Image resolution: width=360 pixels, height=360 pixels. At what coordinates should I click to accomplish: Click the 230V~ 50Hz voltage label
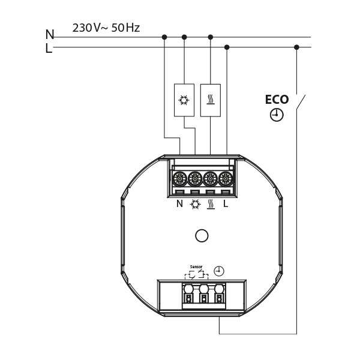tap(106, 28)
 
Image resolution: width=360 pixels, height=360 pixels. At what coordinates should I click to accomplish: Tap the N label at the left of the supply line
tap(50, 35)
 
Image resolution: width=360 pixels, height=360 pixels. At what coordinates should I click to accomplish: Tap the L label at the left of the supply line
tap(49, 49)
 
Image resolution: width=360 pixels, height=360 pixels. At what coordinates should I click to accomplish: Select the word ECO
tap(277, 100)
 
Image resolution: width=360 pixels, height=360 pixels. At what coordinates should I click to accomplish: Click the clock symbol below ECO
tap(277, 115)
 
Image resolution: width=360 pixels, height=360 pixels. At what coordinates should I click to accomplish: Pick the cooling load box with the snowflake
tap(184, 100)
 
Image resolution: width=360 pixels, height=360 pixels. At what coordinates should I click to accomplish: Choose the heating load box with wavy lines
tap(211, 100)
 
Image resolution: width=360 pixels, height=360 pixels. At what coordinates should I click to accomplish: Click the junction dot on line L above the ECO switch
tap(296, 47)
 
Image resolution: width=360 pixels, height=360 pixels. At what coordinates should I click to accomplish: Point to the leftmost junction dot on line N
tap(164, 37)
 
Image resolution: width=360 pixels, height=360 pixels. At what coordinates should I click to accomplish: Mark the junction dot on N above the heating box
tap(211, 37)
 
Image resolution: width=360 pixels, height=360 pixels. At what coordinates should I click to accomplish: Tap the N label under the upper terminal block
tap(179, 204)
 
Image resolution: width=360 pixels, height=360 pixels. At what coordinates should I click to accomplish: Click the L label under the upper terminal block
tap(226, 204)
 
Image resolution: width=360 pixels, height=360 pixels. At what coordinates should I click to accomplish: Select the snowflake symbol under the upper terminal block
tap(195, 204)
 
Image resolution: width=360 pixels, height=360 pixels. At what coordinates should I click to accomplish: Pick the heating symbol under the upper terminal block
tap(211, 204)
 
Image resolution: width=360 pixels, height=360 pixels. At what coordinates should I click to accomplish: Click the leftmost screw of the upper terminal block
tap(179, 179)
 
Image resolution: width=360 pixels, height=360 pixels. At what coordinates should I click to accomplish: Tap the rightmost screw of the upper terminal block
tap(226, 179)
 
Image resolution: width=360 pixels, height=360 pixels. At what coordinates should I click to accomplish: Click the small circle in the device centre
tap(203, 236)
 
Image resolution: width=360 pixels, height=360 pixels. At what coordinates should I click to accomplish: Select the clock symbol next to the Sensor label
tap(219, 271)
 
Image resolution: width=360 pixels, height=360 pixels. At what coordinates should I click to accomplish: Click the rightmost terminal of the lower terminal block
tap(219, 297)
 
